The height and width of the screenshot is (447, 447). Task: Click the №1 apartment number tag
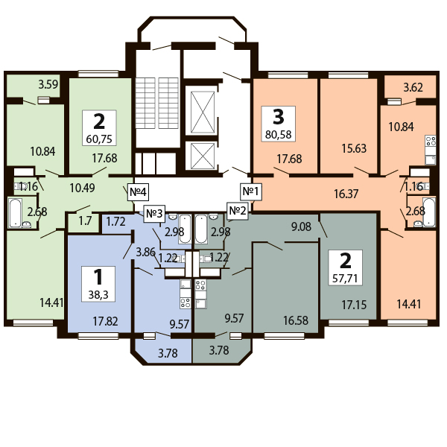coord(251,191)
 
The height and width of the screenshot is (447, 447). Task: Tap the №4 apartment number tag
coord(139,192)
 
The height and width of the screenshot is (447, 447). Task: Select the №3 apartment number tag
coord(154,213)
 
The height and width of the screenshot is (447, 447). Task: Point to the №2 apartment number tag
coord(238,211)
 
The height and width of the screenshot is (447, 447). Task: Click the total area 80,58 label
coord(278,134)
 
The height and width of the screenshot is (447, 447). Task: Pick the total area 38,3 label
coord(98,294)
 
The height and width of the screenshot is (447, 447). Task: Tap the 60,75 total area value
coord(99,139)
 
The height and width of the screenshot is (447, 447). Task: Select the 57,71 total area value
coord(345,278)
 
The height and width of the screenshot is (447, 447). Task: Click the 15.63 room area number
coord(354,148)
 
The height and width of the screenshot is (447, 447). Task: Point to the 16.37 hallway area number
coord(346,194)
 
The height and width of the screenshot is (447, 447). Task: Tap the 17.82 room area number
coord(105,321)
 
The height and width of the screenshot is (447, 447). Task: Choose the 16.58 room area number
coord(296,320)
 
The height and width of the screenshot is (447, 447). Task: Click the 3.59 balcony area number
coord(48,84)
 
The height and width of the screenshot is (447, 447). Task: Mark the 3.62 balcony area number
coord(413,87)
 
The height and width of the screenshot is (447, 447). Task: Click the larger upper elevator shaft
coord(203,112)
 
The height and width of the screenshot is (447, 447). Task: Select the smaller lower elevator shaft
coord(203,156)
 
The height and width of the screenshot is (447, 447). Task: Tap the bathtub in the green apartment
coord(15,213)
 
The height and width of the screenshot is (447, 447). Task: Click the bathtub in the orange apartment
coord(429,212)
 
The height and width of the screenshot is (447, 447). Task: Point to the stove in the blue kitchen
coord(186,302)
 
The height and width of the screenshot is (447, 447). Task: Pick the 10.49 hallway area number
coord(83,188)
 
